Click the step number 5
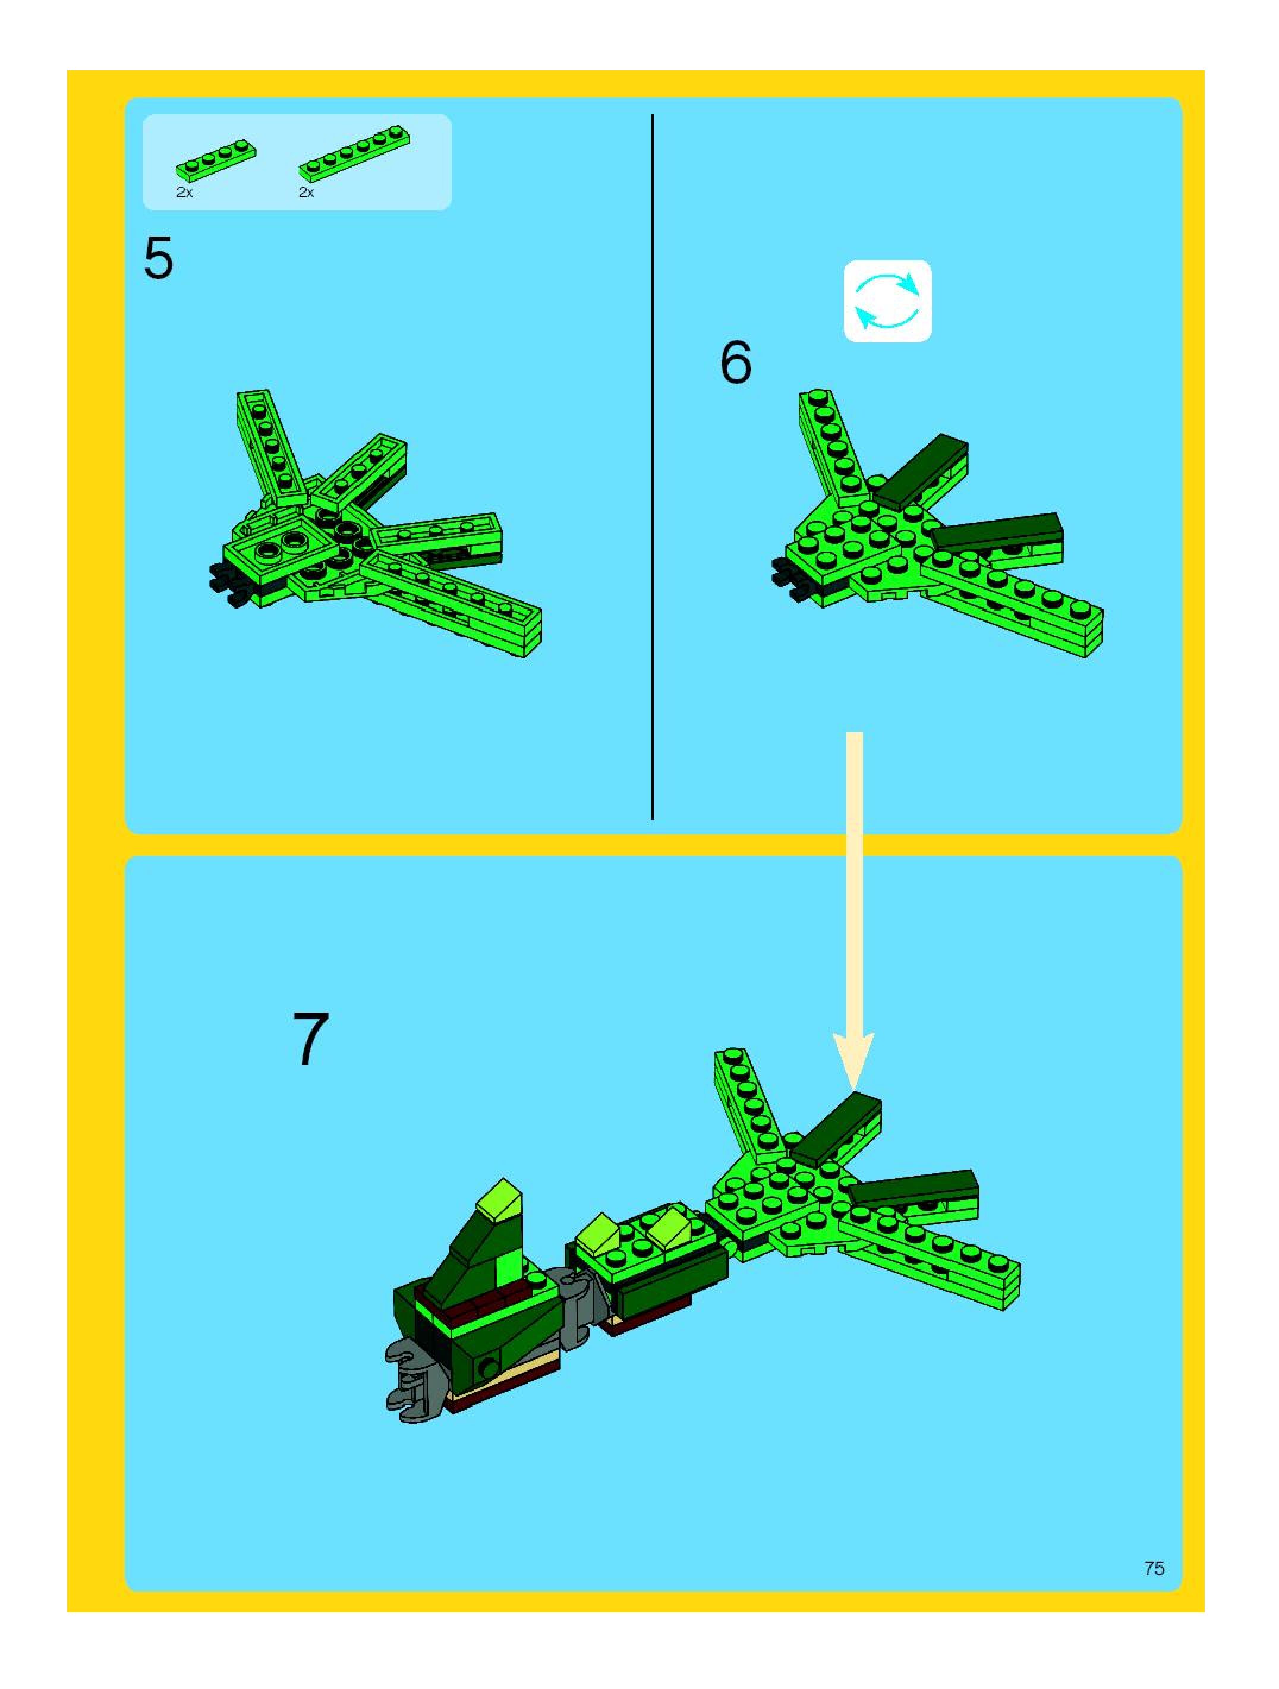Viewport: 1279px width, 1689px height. coord(159,259)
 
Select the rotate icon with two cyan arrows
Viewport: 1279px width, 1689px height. coord(887,301)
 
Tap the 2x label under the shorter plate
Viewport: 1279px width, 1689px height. coord(184,193)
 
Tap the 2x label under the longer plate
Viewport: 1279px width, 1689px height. coord(306,193)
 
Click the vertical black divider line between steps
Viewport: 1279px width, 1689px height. coord(652,467)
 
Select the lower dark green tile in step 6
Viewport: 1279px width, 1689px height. coord(997,531)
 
